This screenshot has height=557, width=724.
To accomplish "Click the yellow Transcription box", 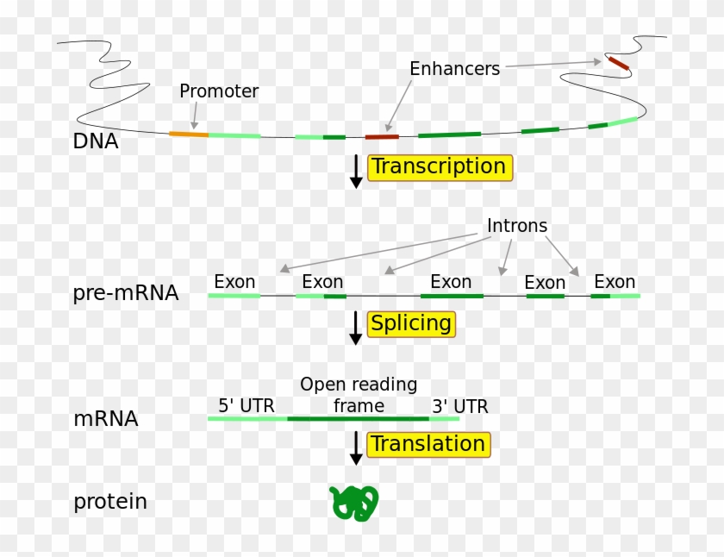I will tap(440, 167).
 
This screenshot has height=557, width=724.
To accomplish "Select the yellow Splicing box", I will tap(411, 324).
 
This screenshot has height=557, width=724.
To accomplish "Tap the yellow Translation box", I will tap(428, 445).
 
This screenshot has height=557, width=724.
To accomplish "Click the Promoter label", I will tap(219, 91).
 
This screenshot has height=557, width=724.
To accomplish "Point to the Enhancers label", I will tap(454, 69).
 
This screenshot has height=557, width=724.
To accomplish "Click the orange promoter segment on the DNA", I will tap(189, 134).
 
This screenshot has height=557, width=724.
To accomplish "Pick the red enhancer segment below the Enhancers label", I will tap(382, 136).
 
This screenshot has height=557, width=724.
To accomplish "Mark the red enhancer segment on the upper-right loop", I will tap(618, 64).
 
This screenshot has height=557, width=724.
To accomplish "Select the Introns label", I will tap(517, 226).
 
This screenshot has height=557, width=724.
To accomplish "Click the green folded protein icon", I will tap(354, 503).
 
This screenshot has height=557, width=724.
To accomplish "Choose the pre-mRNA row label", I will tap(126, 293).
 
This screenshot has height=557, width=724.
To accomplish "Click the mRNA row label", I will tap(105, 420).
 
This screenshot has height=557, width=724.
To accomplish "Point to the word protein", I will tap(110, 501).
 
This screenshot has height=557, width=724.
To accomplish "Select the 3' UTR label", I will tap(459, 406).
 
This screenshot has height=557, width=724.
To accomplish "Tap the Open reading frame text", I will tap(359, 395).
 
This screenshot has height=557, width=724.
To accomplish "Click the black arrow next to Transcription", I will tap(355, 171).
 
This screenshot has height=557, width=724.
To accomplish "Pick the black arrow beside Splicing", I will tap(355, 329).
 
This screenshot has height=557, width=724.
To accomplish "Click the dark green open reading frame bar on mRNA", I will tap(358, 419).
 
